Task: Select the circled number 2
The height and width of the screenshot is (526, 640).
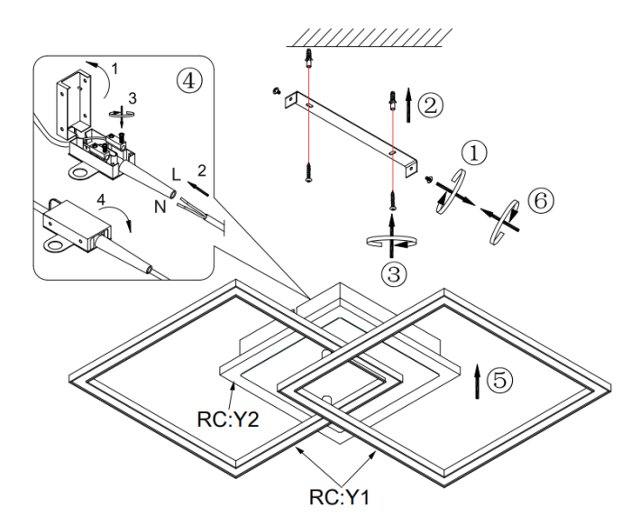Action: tap(433, 106)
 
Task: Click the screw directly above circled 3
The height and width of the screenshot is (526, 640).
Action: tap(393, 198)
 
